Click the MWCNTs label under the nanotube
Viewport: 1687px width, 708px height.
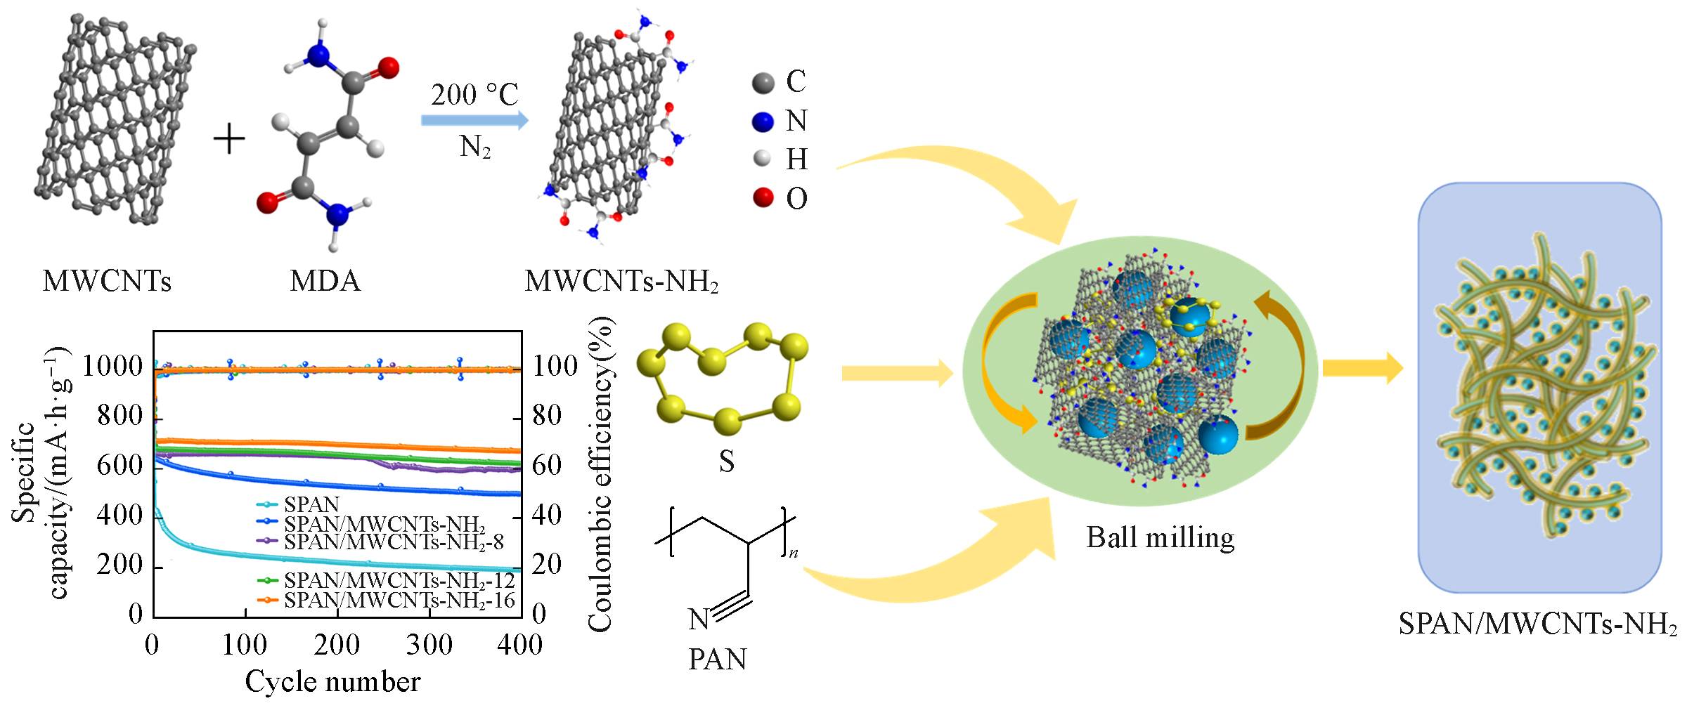coord(107,282)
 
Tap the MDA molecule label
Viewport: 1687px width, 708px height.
coord(325,282)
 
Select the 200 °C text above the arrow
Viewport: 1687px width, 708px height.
coord(474,95)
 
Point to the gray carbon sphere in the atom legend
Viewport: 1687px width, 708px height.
coord(763,83)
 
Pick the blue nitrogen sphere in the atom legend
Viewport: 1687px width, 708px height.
coord(763,122)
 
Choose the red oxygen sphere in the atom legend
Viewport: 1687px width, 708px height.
coord(763,198)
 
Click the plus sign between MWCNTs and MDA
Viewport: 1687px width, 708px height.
coord(229,138)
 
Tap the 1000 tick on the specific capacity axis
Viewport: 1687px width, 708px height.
coord(112,366)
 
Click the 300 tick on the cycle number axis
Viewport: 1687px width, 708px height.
coord(429,645)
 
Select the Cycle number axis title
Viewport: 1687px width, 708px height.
coord(332,682)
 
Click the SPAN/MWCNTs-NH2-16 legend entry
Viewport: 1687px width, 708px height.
coord(399,601)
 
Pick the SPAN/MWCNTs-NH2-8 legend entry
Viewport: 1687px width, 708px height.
coord(394,542)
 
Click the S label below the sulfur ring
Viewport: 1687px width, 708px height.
coord(726,461)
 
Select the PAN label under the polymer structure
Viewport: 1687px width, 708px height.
coord(717,660)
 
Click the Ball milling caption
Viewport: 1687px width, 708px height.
coord(1160,538)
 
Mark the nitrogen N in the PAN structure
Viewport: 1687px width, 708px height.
coord(699,619)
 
